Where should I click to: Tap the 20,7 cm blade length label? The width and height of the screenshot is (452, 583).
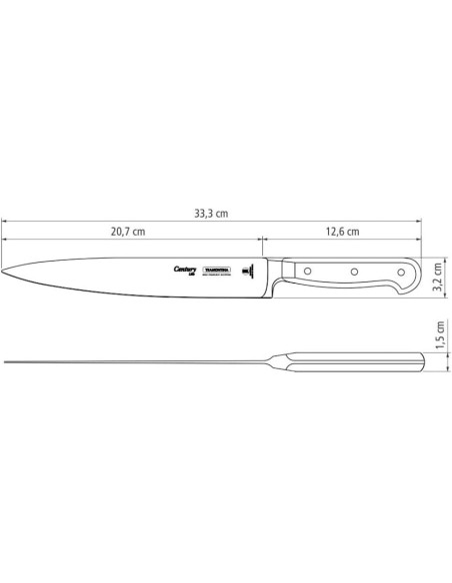pos(127,233)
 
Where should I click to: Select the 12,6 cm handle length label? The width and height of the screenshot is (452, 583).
pos(341,233)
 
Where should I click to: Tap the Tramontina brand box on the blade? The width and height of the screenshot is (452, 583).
pos(217,270)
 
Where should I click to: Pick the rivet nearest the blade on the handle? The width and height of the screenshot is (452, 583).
pos(310,270)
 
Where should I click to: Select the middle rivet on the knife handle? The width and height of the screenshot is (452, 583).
pos(352,270)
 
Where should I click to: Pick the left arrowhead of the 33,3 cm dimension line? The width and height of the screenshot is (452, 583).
pos(4,223)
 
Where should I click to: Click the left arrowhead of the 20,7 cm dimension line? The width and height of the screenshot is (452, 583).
pos(4,241)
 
